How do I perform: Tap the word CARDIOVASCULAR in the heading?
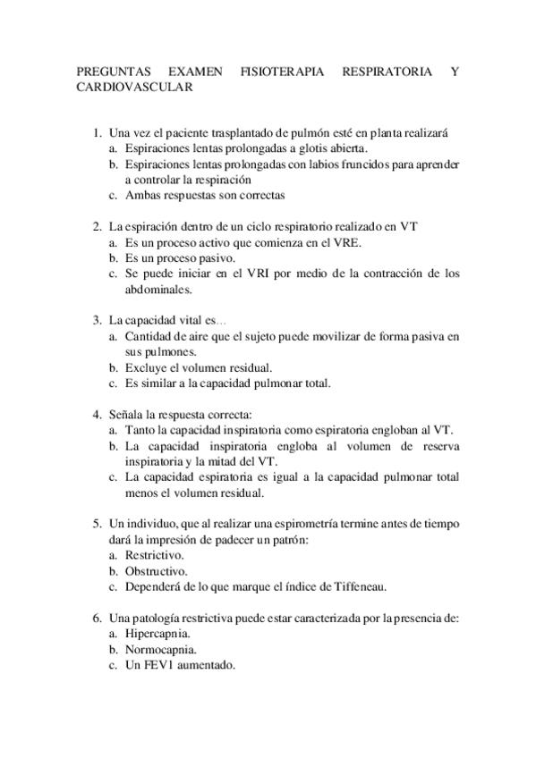pyautogui.click(x=134, y=88)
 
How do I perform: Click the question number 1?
pyautogui.click(x=98, y=133)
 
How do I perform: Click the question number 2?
pyautogui.click(x=98, y=226)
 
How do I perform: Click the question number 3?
pyautogui.click(x=98, y=320)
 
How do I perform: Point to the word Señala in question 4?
pyautogui.click(x=127, y=415)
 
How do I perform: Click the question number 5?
pyautogui.click(x=98, y=524)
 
